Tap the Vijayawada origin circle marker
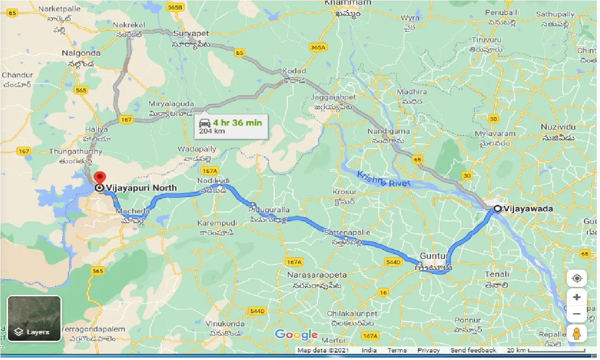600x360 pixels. (x=496, y=209)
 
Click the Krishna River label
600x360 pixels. (x=383, y=179)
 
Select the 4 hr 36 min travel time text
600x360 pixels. (x=237, y=123)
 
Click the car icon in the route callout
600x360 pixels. (x=204, y=123)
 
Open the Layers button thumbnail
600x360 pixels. (x=34, y=318)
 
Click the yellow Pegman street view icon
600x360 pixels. (x=577, y=334)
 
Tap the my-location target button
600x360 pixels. (x=577, y=278)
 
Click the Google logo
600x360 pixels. (x=296, y=335)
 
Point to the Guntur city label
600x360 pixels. (x=434, y=256)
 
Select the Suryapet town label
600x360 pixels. (x=191, y=34)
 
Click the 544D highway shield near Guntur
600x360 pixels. (x=392, y=262)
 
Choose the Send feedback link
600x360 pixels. (x=473, y=351)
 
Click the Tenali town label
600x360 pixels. (x=497, y=274)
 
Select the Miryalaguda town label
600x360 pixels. (x=171, y=104)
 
